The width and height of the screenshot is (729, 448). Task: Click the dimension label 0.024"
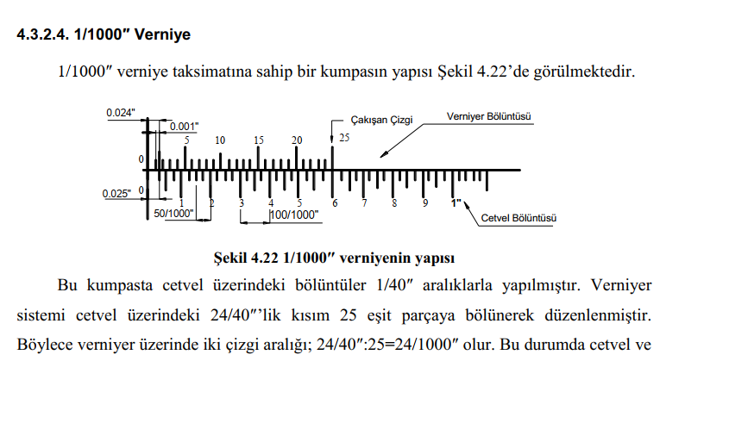(121, 113)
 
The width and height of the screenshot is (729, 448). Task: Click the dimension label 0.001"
(184, 127)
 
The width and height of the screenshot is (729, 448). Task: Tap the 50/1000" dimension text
(173, 213)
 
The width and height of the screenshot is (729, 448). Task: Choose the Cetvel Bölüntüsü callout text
(518, 218)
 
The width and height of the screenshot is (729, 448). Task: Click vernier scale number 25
(344, 138)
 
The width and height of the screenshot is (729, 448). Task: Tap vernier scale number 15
(259, 140)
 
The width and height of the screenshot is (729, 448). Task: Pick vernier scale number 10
(220, 140)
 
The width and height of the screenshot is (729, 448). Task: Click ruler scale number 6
(335, 203)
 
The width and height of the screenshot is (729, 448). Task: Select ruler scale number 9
(424, 203)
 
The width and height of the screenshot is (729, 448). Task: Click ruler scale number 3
(242, 203)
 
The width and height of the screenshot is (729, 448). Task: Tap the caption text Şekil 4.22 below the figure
(240, 258)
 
